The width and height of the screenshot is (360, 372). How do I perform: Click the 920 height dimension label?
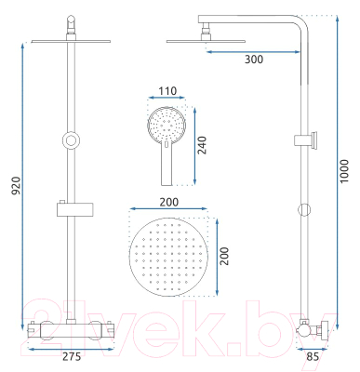tap(17, 186)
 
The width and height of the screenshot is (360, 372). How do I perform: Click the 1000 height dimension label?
tap(344, 171)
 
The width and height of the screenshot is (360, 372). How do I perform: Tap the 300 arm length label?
tap(254, 60)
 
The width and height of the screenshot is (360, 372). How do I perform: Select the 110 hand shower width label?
tap(167, 91)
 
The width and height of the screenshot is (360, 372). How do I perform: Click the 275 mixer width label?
tap(72, 356)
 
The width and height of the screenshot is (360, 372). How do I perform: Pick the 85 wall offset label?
tap(313, 356)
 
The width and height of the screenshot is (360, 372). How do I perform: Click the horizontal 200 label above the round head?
tap(169, 202)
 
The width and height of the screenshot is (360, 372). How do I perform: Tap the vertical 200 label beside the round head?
tap(224, 256)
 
